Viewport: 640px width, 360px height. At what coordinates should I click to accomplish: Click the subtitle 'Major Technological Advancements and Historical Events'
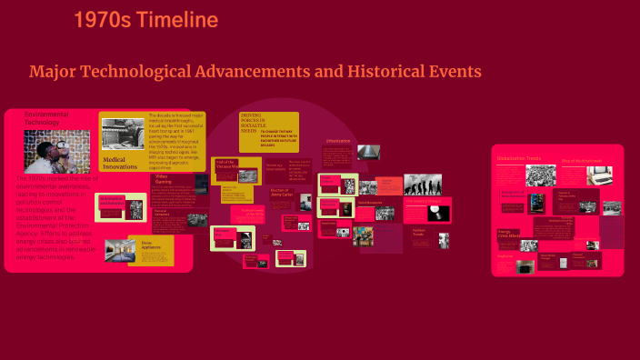point(255,71)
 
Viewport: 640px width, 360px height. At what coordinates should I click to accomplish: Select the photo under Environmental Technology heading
point(56,151)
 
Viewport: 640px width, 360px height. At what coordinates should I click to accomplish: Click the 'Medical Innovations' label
point(119,163)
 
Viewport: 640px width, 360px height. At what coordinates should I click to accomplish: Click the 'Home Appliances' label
point(146,245)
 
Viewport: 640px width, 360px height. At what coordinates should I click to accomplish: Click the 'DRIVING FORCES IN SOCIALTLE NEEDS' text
point(256,125)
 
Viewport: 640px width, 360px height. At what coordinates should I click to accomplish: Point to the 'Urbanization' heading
point(337,142)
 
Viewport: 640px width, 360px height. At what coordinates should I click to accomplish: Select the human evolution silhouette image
point(423,185)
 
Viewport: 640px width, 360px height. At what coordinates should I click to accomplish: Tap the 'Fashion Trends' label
point(419,232)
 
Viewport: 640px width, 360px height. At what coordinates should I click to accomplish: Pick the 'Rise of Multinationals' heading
point(576,161)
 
